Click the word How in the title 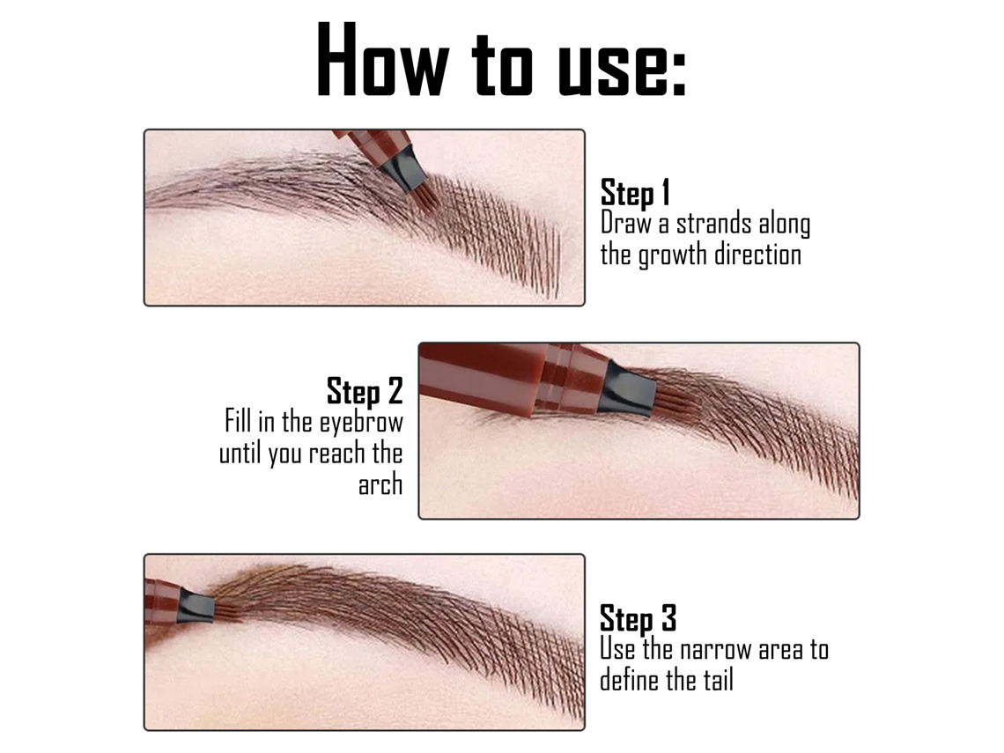coord(383,59)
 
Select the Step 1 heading coord(635,193)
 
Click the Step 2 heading coord(365,390)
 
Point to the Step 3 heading coord(638,618)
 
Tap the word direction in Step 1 coord(758,255)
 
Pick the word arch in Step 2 coord(380,484)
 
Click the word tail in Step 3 coord(718,679)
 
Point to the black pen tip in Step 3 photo coord(196,606)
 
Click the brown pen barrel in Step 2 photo coord(513,379)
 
